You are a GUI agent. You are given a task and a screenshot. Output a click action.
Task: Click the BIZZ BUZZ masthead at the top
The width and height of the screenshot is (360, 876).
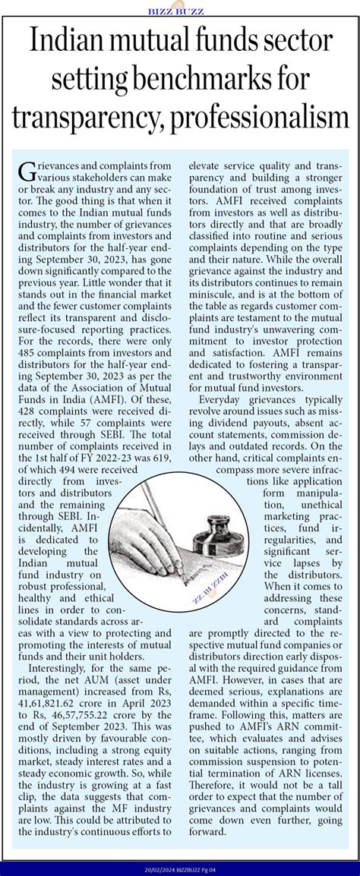coord(180,10)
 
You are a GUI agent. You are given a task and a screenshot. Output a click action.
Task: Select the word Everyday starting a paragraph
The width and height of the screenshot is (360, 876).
coord(226,401)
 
